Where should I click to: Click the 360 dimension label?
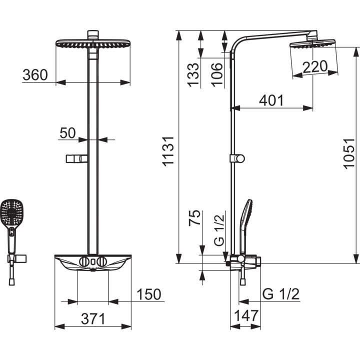[35, 75]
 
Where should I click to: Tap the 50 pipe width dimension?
[67, 133]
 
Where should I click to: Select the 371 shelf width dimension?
[93, 319]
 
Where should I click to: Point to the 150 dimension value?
[149, 294]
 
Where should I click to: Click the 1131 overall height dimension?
[168, 151]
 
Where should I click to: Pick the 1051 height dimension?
[349, 154]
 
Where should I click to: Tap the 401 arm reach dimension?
[271, 100]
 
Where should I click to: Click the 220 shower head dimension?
[315, 66]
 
